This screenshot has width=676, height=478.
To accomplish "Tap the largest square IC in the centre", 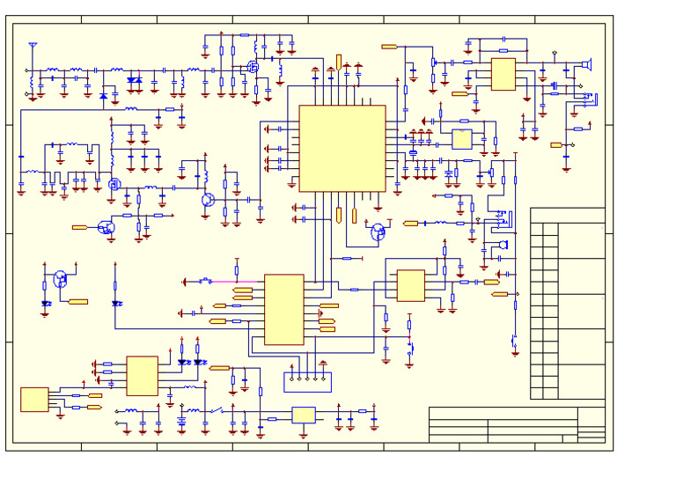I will (x=342, y=148).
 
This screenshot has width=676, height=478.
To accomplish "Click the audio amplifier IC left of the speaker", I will (x=503, y=74).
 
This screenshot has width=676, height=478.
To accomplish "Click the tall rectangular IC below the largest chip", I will (x=283, y=309).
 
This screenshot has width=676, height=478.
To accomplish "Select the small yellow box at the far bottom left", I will (x=34, y=399).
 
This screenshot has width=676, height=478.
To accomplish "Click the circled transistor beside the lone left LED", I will (x=60, y=278).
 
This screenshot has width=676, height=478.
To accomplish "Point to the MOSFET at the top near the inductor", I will (x=253, y=67).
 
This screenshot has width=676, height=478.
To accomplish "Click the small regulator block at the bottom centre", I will (x=304, y=415).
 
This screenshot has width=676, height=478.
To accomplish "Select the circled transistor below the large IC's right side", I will (x=378, y=232).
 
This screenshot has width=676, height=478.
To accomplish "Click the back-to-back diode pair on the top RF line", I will (x=134, y=80).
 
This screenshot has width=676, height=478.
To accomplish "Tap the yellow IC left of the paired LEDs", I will (x=142, y=375).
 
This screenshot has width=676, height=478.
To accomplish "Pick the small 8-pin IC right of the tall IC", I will (x=410, y=285).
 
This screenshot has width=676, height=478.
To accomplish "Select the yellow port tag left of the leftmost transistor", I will (x=79, y=227).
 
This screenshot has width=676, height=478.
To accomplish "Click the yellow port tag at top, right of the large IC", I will (x=388, y=46).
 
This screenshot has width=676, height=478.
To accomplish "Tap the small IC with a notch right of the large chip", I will (x=462, y=138).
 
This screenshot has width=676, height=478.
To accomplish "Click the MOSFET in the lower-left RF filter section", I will (x=114, y=184).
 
